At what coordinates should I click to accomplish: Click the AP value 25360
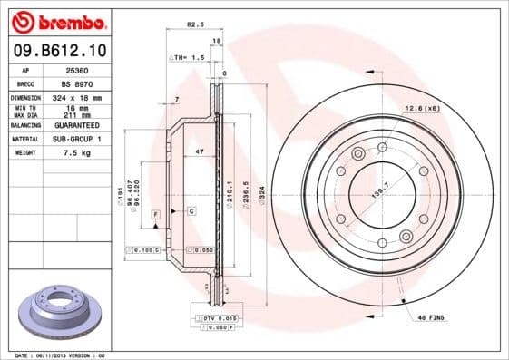(77, 69)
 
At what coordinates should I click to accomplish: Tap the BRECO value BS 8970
(77, 83)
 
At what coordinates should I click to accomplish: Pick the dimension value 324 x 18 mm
(77, 97)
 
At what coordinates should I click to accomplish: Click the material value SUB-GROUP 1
(77, 139)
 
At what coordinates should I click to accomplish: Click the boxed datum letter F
(156, 211)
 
